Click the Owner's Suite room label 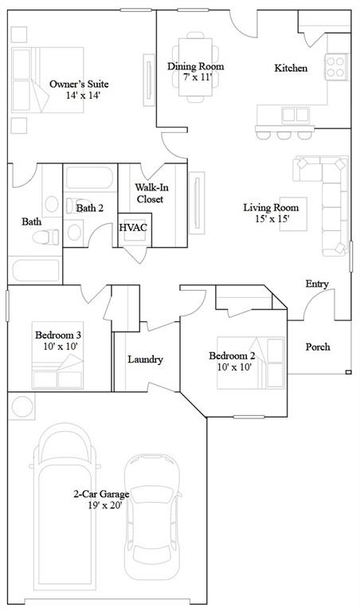tap(79, 84)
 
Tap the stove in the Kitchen tap(336, 67)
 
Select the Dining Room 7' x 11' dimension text tap(198, 76)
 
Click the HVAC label tap(133, 228)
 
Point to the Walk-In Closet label tap(150, 194)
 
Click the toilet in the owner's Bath tap(46, 237)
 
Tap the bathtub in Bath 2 tap(90, 178)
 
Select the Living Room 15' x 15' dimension tap(272, 218)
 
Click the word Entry tap(317, 284)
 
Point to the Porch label tap(318, 347)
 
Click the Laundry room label tap(145, 359)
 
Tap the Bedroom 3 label tap(58, 335)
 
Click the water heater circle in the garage tap(22, 406)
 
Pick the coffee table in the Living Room tap(293, 214)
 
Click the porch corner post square tap(348, 372)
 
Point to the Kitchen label tap(291, 68)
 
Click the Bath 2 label tap(90, 208)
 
